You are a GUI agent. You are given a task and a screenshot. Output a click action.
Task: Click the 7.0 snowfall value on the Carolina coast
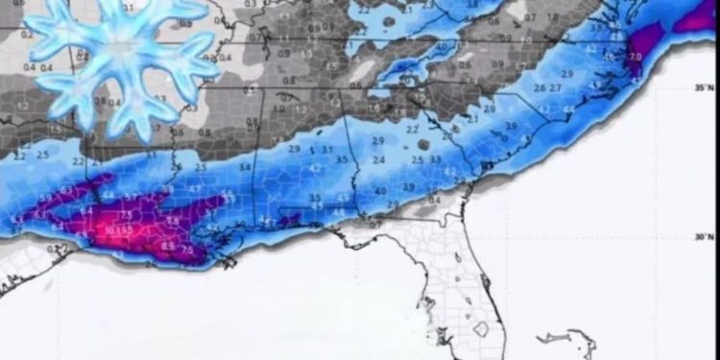pyautogui.click(x=635, y=58)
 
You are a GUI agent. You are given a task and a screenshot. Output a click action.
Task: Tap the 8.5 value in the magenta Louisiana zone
pyautogui.click(x=169, y=246)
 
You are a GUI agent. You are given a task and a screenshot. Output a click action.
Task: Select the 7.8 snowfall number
pyautogui.click(x=173, y=220)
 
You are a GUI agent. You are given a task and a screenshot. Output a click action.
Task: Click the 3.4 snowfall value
pyautogui.click(x=245, y=167)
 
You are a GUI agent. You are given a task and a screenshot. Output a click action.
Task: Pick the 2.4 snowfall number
pyautogui.click(x=378, y=160)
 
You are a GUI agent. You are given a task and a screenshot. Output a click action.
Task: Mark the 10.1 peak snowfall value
pyautogui.click(x=112, y=230)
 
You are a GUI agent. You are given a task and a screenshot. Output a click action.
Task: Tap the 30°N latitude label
pyautogui.click(x=706, y=237)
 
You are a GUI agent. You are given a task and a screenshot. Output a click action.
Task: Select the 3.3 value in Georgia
pyautogui.click(x=435, y=159)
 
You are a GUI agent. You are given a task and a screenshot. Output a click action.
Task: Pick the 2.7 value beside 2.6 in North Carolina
pyautogui.click(x=555, y=88)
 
